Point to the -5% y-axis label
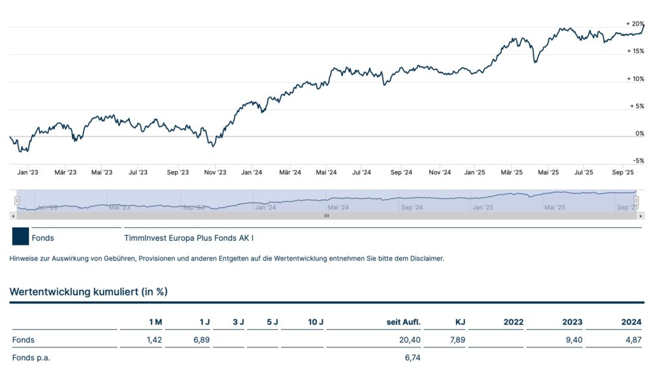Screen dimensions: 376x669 pos(637,161)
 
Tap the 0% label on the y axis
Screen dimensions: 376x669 pos(639,133)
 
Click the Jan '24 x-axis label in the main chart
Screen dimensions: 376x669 pos(252,172)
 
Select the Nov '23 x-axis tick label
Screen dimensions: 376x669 pos(215,172)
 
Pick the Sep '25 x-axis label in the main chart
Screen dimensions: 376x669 pos(623,172)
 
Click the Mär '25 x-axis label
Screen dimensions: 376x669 pos(512,172)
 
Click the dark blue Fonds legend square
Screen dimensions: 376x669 pos(20,236)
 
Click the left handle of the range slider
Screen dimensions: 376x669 pos(17,200)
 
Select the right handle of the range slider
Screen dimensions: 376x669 pos(636,200)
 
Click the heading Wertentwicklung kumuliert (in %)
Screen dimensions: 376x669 pos(88,292)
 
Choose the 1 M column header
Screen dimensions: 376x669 pos(155,322)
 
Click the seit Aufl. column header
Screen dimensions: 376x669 pos(404,322)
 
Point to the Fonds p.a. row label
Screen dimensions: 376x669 pos(31,358)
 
